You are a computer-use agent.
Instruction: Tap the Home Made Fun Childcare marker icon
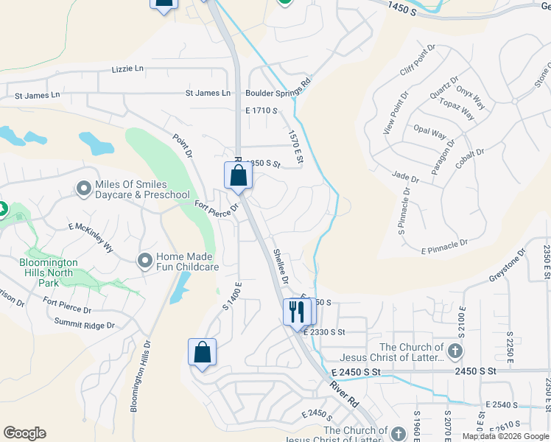(x=145, y=260)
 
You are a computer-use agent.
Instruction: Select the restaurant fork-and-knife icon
(x=296, y=312)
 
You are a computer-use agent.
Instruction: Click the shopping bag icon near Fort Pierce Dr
(x=238, y=176)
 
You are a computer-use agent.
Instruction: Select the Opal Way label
(x=429, y=134)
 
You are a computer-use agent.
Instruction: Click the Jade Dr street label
(x=405, y=178)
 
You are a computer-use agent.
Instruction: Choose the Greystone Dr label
(x=508, y=266)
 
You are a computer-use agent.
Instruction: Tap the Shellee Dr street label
(x=279, y=267)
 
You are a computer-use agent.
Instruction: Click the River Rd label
(x=343, y=396)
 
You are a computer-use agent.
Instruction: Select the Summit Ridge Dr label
(x=85, y=323)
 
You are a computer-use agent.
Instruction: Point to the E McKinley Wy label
(x=91, y=237)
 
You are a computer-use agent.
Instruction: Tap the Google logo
(x=24, y=433)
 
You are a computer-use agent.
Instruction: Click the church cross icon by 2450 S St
(x=455, y=351)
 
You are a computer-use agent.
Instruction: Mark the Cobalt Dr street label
(x=469, y=158)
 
